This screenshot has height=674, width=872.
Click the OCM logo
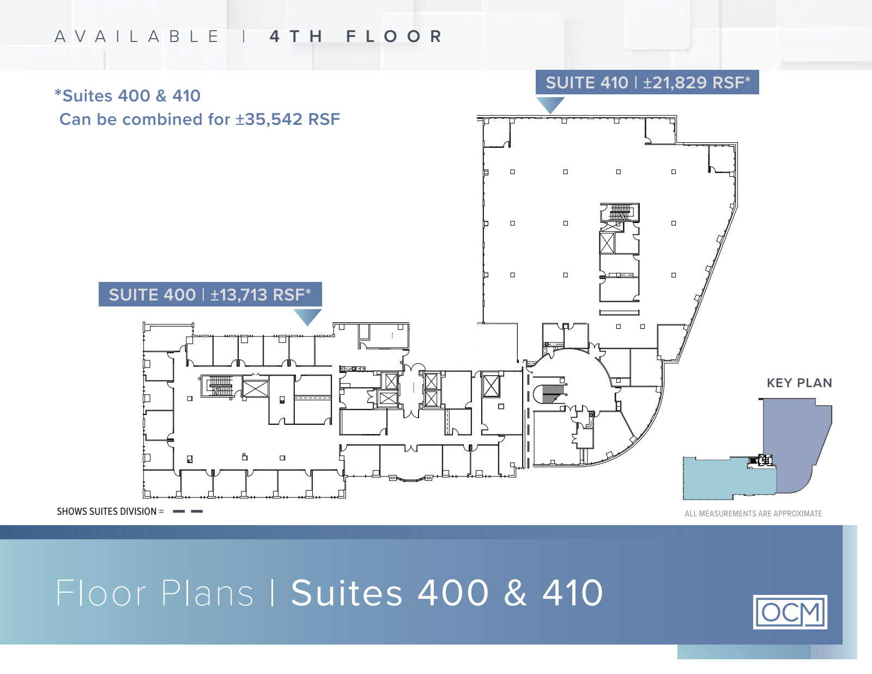[x=790, y=612]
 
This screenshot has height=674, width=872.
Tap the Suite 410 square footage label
[x=696, y=83]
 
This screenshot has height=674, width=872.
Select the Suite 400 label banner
[x=210, y=294]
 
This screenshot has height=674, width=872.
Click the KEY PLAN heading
[x=799, y=383]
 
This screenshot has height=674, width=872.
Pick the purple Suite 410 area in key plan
[x=795, y=442]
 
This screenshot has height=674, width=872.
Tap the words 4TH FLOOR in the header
[x=356, y=36]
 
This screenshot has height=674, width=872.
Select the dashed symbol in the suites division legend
[x=188, y=511]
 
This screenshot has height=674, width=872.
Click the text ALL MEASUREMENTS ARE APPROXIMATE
[x=753, y=514]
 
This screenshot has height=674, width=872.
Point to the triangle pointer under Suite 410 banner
[x=550, y=105]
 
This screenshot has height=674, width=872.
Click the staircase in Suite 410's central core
[x=620, y=212]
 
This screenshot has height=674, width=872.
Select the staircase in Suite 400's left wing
[x=221, y=386]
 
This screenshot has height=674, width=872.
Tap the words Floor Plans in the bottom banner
[x=154, y=593]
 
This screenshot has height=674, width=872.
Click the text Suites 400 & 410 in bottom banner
[x=447, y=593]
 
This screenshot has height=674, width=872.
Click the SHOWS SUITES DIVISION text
[x=110, y=511]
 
